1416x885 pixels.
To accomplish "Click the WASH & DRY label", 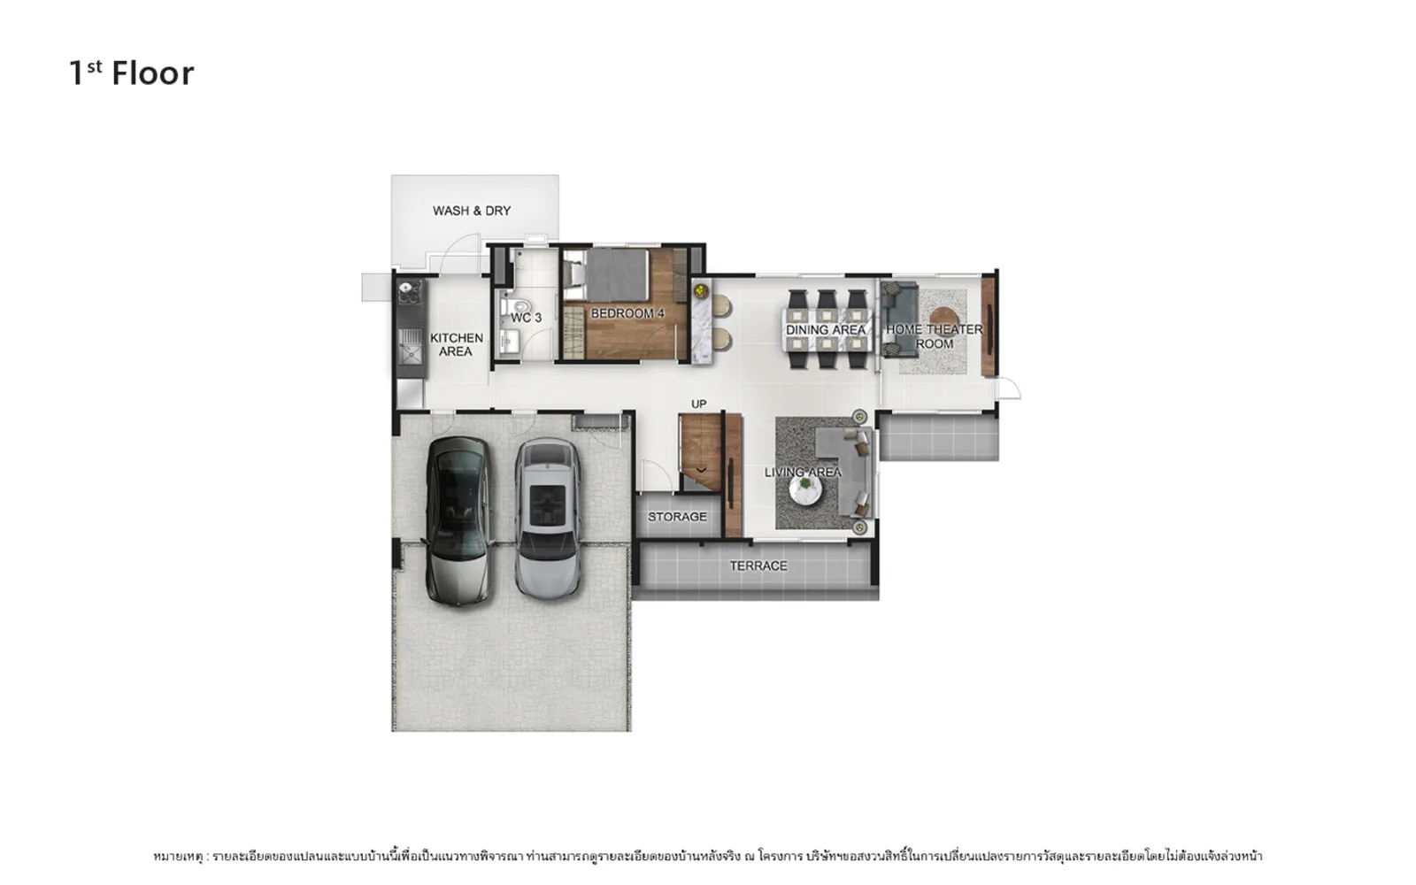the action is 472,211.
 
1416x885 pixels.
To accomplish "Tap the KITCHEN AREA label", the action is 456,344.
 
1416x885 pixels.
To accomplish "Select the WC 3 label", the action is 526,318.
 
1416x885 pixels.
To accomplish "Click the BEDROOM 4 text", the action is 627,313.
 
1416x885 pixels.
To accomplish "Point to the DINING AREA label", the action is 825,329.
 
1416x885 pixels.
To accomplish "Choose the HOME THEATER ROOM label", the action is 935,336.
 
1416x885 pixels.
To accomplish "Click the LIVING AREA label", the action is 803,473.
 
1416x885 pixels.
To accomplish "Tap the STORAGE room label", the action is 677,517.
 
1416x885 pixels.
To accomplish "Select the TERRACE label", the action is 758,566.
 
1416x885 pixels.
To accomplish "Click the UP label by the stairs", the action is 698,404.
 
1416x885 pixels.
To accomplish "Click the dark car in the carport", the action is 459,520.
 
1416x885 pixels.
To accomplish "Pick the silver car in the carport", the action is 548,519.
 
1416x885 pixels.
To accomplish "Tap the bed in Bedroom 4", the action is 607,275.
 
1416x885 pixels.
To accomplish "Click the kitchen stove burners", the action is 408,293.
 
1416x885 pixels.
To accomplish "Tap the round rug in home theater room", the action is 943,322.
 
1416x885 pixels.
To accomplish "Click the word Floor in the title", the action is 153,73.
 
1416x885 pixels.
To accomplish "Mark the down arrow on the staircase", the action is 701,470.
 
